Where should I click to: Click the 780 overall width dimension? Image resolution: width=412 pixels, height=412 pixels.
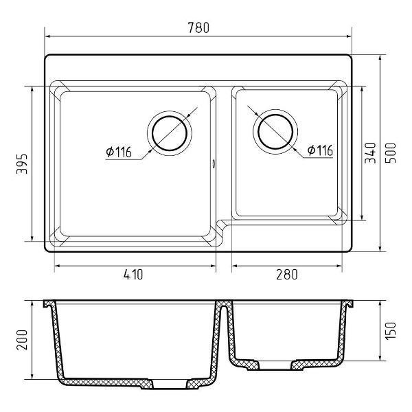coord(198,27)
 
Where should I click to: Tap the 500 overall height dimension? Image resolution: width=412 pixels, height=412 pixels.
coord(390,153)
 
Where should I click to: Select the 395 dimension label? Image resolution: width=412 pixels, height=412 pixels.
coord(22,164)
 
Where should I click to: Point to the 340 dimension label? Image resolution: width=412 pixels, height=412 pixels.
coord(370,153)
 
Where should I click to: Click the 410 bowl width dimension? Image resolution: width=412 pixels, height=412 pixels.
coord(133,274)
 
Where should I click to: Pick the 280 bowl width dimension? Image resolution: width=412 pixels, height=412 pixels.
coord(287,274)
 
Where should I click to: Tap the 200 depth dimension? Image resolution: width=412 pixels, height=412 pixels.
coord(22,340)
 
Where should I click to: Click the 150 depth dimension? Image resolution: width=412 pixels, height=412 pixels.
coord(390,330)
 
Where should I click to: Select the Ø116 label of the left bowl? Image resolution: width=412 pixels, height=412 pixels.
coord(119,152)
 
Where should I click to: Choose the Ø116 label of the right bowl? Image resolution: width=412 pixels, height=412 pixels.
coord(320,150)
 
